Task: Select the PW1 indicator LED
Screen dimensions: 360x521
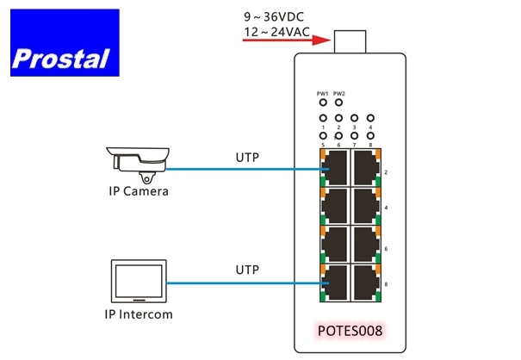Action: click(x=323, y=102)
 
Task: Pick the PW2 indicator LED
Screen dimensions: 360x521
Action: click(x=339, y=102)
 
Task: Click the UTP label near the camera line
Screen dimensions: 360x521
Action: click(x=247, y=158)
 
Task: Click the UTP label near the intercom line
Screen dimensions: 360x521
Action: click(x=247, y=270)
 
